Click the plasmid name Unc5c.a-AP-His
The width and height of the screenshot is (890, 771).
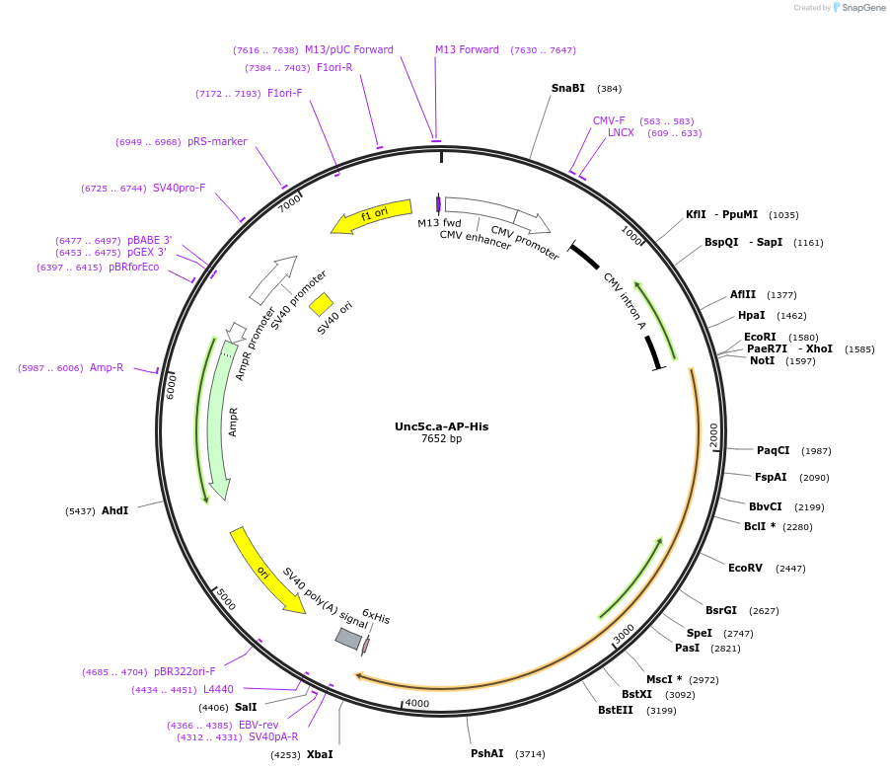tap(441, 426)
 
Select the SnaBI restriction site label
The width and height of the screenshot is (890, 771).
tap(567, 88)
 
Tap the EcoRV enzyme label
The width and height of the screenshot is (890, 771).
tap(745, 568)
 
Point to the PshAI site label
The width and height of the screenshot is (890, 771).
tap(486, 753)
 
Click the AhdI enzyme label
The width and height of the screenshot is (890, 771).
tap(114, 510)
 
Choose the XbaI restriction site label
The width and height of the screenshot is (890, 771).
tap(320, 754)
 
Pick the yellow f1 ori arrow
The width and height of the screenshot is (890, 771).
tap(372, 217)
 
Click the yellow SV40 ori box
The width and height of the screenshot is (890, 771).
tap(321, 305)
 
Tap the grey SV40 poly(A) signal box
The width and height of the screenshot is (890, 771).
tap(348, 639)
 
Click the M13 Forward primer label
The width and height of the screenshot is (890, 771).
tap(467, 49)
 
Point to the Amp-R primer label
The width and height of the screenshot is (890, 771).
tap(107, 367)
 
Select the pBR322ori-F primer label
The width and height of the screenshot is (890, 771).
tap(185, 671)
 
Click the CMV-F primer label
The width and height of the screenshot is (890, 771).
tap(609, 120)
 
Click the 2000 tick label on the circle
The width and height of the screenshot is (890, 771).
tap(712, 433)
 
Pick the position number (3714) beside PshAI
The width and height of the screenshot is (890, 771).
tap(530, 753)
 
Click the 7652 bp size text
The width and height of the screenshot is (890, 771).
tap(441, 439)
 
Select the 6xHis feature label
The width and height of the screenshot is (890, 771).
tap(376, 618)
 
